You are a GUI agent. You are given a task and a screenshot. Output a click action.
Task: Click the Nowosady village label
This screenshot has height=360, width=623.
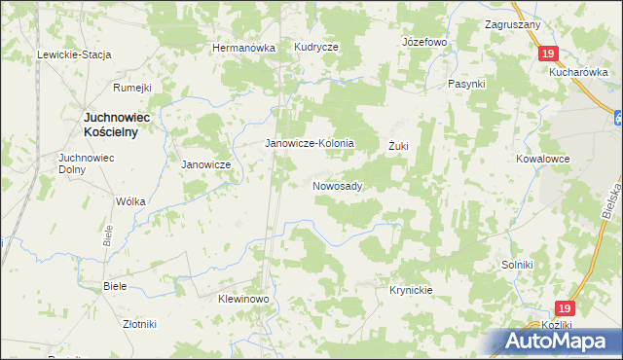[338, 185]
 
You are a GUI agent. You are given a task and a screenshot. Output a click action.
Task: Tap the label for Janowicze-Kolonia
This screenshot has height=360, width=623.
[311, 143]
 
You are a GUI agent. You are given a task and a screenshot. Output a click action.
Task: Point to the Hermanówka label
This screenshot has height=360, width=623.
[244, 48]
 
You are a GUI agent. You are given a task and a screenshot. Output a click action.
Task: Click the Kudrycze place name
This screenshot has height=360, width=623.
[315, 48]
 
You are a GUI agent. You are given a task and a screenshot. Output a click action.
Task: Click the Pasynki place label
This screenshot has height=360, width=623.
[466, 84]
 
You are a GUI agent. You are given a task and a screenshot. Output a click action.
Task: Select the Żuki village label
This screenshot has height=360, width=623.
[398, 146]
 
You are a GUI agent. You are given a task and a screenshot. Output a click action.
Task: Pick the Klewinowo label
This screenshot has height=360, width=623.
[242, 299]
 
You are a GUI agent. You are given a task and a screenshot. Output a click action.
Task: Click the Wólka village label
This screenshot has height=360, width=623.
[130, 201]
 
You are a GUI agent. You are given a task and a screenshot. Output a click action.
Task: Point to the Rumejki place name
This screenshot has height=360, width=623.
[132, 88]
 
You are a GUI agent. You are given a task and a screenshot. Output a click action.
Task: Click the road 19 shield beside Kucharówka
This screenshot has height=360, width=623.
[549, 54]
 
